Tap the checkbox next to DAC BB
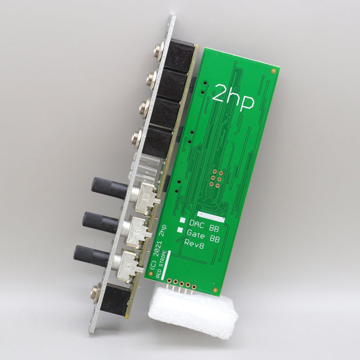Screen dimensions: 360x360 pyautogui.click(x=183, y=220)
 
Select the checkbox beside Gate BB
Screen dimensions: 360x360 pyautogui.click(x=180, y=230)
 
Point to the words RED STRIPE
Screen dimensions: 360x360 pyautogui.click(x=161, y=264)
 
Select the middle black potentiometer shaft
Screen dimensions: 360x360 pyautogui.click(x=100, y=222)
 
